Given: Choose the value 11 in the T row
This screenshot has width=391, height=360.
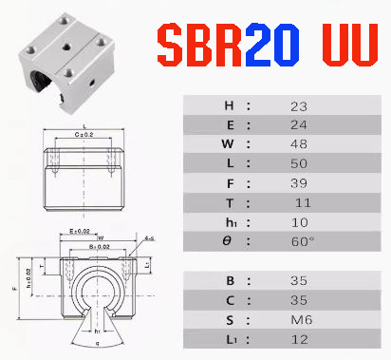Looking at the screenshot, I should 303,203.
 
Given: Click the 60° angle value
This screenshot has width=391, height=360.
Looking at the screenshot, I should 301,241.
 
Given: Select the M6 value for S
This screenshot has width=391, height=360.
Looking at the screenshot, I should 301,320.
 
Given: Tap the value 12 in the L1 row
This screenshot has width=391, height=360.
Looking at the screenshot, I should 301,339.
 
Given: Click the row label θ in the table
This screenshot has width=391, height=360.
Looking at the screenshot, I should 227,241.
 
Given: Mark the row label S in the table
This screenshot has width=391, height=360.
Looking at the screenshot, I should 227,320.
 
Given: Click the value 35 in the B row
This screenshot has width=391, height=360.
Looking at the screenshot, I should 301,281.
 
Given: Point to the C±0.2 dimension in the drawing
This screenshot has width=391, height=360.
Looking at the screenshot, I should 85,134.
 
